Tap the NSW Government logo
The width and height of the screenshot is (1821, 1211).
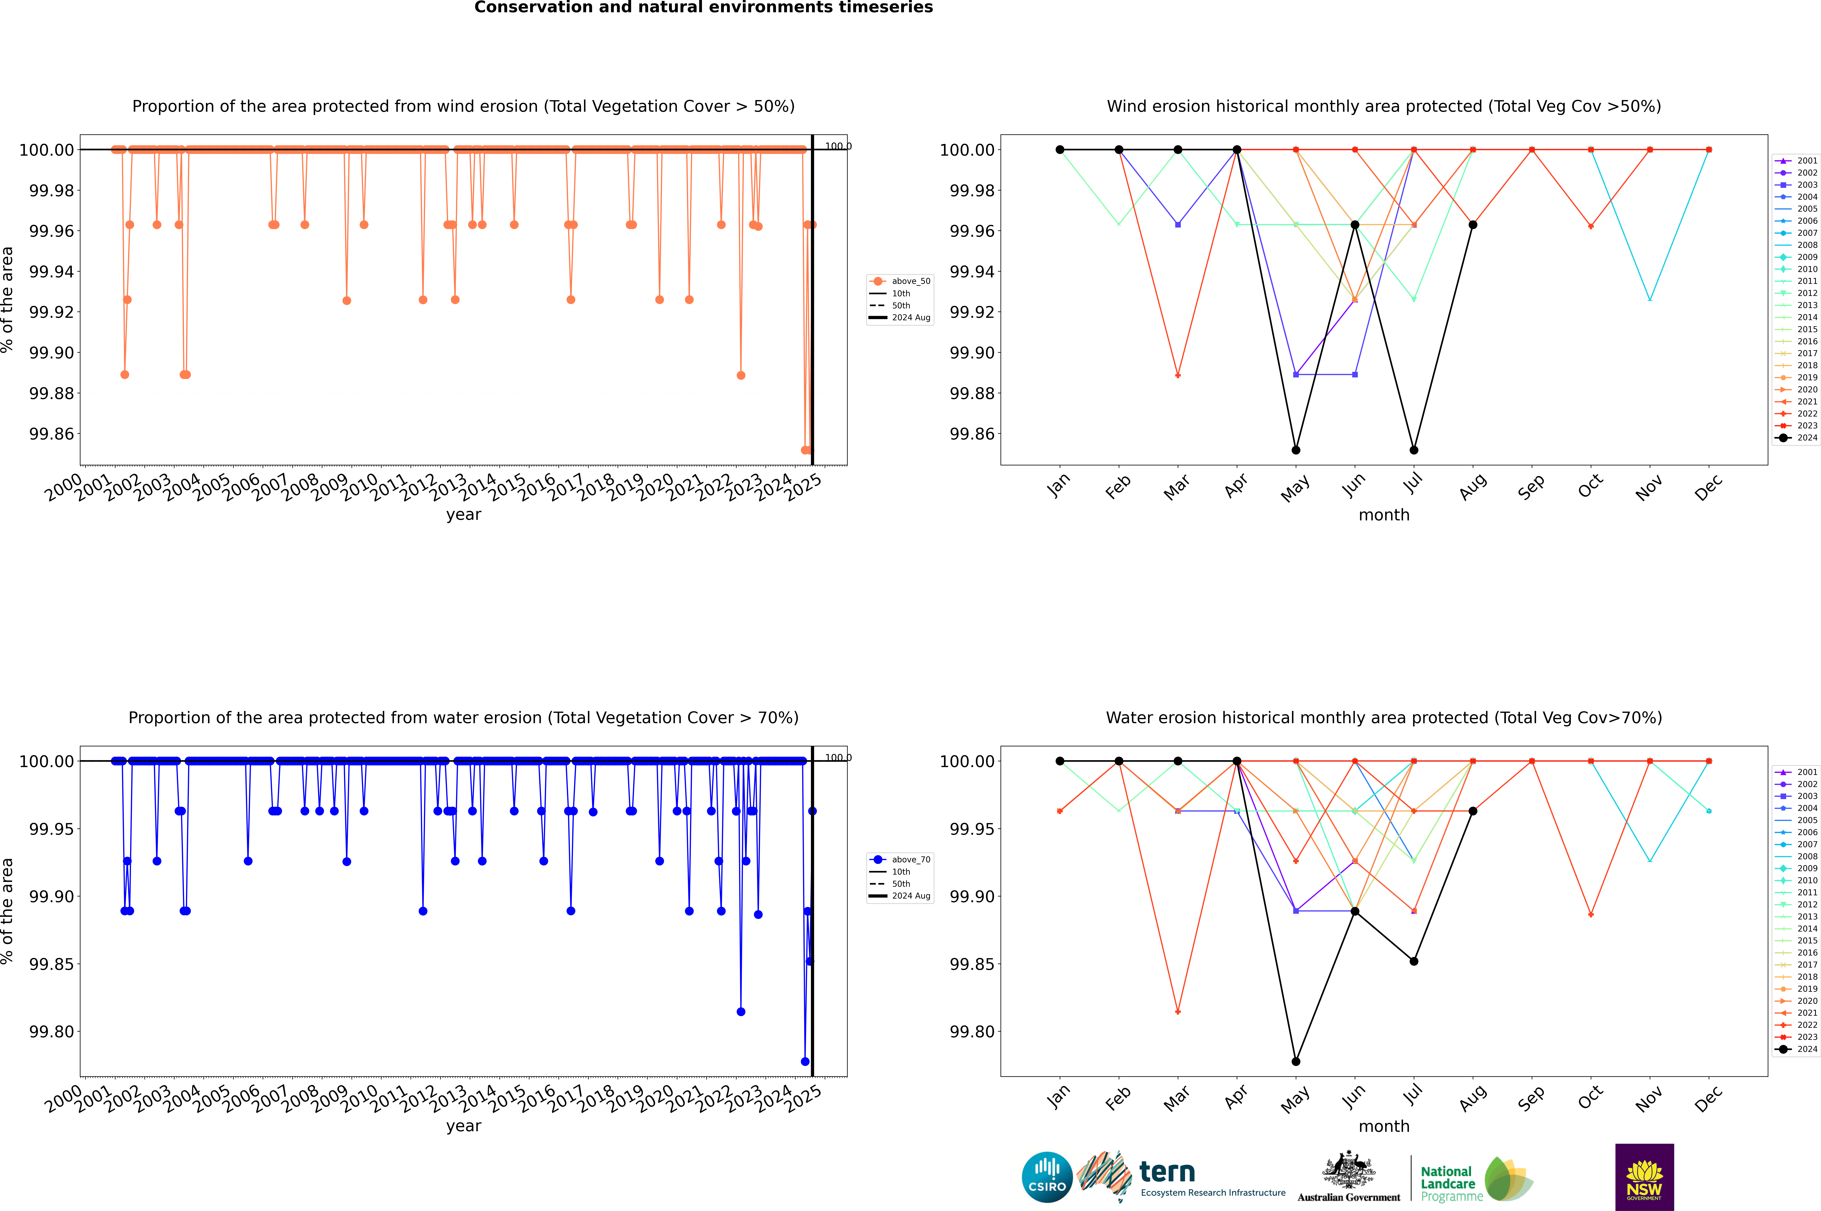tap(1644, 1177)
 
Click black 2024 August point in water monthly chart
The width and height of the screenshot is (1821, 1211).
tap(1473, 811)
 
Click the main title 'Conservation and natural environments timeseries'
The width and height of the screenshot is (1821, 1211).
tap(703, 8)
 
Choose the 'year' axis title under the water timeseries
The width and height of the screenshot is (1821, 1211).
tap(463, 1126)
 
